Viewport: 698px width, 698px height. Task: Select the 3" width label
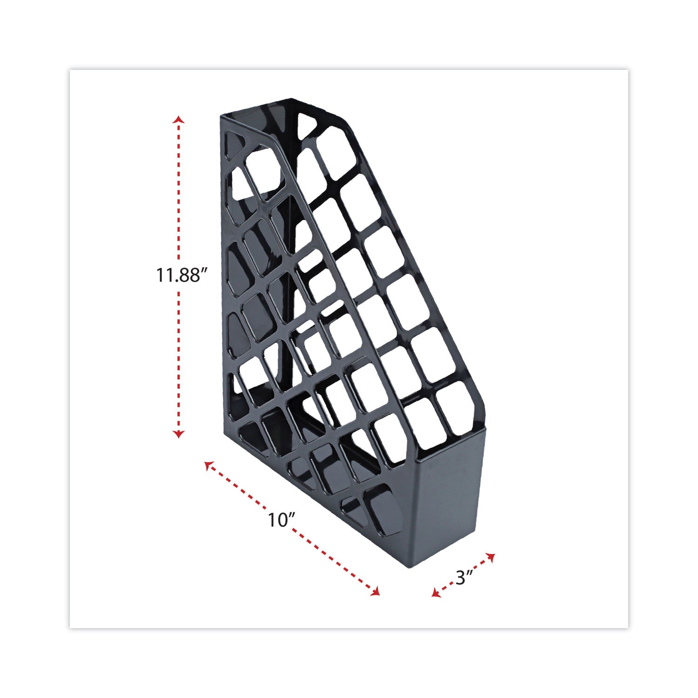[464, 578]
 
